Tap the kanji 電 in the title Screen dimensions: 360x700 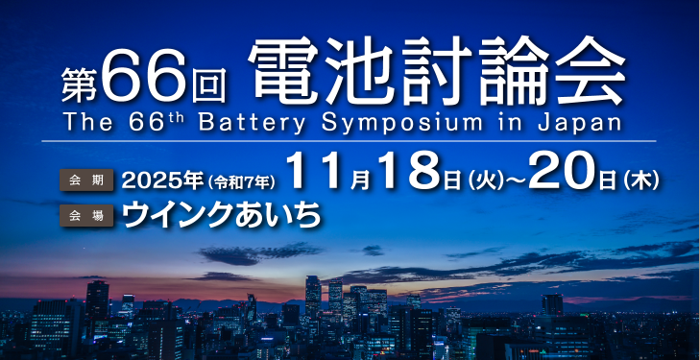tap(282, 74)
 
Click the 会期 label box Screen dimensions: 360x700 tap(86, 179)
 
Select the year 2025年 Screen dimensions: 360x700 tap(160, 179)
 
